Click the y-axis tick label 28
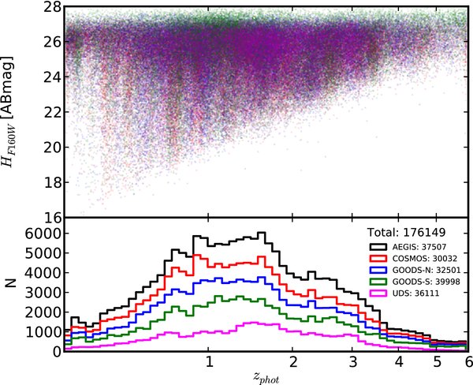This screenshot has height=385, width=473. (51, 8)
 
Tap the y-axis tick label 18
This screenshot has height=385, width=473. (51, 181)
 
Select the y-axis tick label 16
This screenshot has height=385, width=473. (51, 216)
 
